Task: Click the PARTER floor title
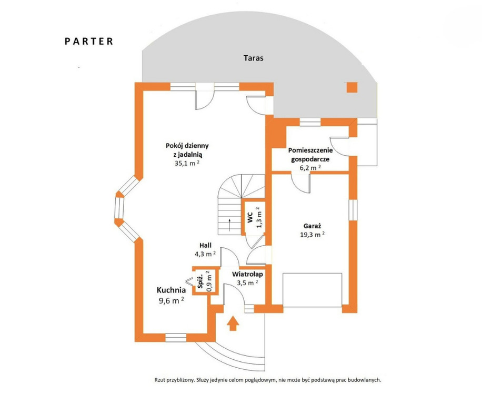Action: pos(89,42)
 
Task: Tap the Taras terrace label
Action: pos(253,58)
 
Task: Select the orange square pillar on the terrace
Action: pos(352,87)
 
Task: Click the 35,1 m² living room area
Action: pos(187,163)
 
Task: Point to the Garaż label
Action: pos(313,226)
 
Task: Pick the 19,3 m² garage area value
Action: pos(313,235)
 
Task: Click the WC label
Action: pos(250,218)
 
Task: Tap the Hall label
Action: pos(205,245)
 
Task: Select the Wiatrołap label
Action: pos(247,274)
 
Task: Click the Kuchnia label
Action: pos(171,290)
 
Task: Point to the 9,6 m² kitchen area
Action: pos(171,300)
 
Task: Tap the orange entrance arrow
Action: pos(233,323)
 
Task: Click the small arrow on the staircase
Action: pos(229,225)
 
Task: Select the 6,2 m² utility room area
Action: pos(310,168)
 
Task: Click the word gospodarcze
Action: pos(310,159)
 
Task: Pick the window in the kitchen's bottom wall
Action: pos(176,337)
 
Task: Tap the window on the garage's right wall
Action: pos(353,210)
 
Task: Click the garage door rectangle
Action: pos(313,290)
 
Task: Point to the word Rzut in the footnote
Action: pos(160,380)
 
